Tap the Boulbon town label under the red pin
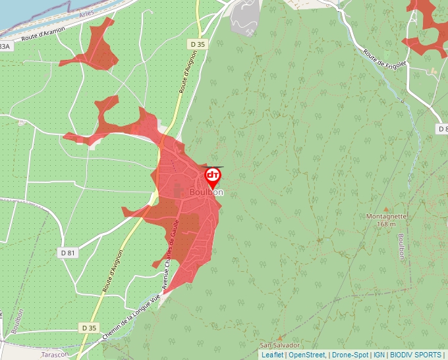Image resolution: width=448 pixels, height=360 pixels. pos(206,192)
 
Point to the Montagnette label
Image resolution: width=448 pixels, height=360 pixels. pos(387,216)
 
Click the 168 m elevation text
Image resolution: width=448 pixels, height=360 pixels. pos(387,224)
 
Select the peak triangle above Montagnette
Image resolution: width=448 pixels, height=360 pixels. pos(386,209)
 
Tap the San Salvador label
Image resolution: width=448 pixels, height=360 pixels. pos(279,345)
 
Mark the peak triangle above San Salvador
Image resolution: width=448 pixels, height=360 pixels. pos(279,338)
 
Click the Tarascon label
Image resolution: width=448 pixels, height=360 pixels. pos(55,354)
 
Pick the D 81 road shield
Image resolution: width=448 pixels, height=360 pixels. pos(68,252)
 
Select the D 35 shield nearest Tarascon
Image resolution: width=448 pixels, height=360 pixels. pos(89,327)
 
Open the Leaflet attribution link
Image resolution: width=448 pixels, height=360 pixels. pos(272,355)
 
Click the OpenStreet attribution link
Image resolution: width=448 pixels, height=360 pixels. pos(306,355)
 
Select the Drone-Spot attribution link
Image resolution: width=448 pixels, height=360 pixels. pos(350,355)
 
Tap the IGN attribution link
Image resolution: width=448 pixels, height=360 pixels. pos(379,355)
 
